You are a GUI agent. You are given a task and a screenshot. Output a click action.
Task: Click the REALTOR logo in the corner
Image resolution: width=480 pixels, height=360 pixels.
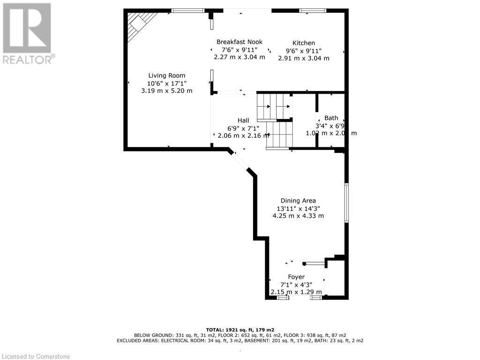[27, 33]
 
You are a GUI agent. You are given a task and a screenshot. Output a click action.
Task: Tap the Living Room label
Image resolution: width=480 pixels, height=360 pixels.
[166, 75]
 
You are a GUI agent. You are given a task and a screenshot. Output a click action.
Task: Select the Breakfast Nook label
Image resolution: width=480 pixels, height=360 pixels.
[239, 42]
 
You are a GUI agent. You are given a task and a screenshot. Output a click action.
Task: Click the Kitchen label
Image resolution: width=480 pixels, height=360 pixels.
[304, 43]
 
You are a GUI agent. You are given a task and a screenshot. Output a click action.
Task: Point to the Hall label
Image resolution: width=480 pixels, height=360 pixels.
[243, 120]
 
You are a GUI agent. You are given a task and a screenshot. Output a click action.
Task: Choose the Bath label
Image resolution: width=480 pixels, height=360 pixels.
[331, 118]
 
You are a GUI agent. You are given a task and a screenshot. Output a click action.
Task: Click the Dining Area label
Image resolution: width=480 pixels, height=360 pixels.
[298, 201]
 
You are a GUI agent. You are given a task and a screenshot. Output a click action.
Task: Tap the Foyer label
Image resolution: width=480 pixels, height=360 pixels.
[296, 277]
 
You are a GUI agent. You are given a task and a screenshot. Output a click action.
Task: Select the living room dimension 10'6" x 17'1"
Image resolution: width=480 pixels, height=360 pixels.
[166, 83]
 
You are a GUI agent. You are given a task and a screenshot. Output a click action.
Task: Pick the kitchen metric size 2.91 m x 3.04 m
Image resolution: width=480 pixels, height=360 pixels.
[304, 59]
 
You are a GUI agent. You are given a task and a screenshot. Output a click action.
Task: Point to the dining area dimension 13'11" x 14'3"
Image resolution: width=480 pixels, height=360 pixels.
[298, 209]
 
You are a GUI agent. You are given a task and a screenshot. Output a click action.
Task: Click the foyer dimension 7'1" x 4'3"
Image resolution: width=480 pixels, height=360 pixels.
[296, 285]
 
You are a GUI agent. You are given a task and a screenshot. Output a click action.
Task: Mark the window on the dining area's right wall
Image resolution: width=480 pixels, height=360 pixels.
[346, 202]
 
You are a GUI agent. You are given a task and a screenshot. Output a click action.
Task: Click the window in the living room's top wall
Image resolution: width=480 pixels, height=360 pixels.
[187, 10]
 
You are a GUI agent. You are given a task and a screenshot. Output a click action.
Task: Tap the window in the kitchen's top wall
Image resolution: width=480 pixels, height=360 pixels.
[313, 10]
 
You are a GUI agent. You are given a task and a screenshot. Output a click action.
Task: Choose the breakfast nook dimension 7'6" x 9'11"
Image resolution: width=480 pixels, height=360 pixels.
[239, 50]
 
